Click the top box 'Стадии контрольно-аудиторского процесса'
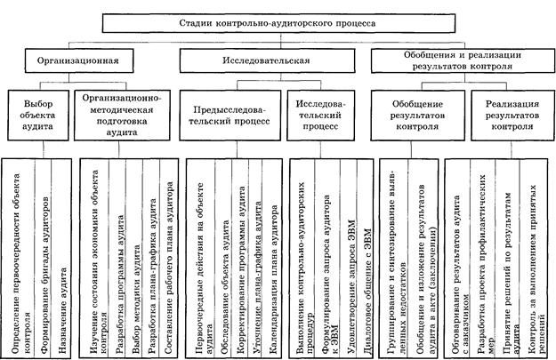tap(277, 25)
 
